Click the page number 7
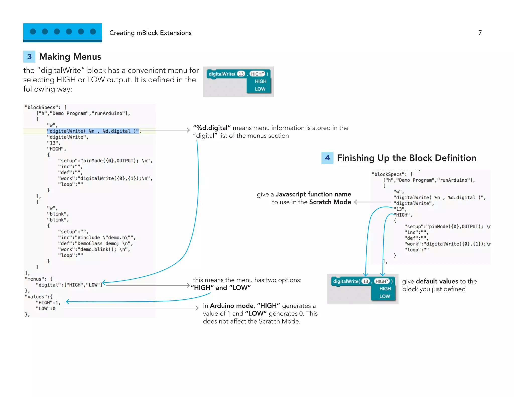(480, 33)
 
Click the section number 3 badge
(29, 57)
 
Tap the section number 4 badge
(327, 158)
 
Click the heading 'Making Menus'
(70, 57)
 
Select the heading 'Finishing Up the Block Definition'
(406, 158)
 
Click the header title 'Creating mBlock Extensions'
(150, 33)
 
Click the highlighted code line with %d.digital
(93, 131)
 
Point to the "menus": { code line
(39, 279)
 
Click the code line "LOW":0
(45, 308)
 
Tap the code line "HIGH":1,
(48, 302)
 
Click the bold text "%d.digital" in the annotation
(212, 128)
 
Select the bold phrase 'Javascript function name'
(313, 194)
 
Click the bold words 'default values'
(437, 281)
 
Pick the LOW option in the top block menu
(260, 89)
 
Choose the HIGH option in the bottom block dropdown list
(385, 289)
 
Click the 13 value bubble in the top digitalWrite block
(241, 74)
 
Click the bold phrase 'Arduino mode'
(231, 306)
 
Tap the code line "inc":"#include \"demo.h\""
(97, 237)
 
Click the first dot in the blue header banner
(33, 31)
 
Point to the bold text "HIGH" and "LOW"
(221, 288)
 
